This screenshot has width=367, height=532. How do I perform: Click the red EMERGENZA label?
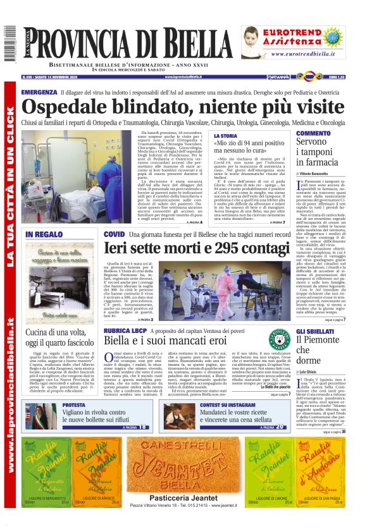click(39, 92)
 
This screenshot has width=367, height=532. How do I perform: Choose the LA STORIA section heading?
click(226, 136)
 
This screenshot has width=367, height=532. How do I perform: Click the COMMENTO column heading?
click(313, 133)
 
